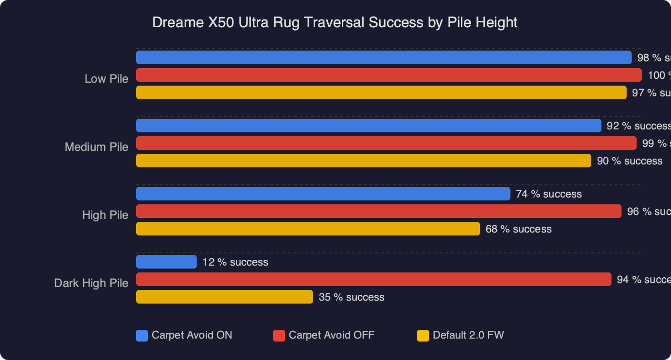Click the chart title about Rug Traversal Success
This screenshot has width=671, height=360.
[335, 22]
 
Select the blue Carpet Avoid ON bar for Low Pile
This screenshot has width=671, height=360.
[384, 57]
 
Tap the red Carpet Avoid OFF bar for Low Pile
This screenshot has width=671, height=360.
[388, 75]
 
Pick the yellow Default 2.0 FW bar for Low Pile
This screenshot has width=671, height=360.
[381, 92]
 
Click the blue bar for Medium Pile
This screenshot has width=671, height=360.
[369, 126]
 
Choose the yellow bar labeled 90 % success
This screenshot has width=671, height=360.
[364, 161]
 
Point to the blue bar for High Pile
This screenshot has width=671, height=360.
[323, 194]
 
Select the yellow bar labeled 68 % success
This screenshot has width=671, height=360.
[308, 229]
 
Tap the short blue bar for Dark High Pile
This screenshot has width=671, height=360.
[166, 262]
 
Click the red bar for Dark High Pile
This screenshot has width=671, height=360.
[373, 279]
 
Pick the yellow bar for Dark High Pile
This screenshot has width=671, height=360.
[224, 297]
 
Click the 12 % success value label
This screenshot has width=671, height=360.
[235, 262]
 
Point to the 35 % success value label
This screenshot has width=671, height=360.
[352, 297]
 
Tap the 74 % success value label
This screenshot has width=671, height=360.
[548, 194]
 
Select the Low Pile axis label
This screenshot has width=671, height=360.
[106, 79]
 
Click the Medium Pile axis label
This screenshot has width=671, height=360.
[96, 147]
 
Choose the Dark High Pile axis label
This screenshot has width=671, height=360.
[91, 283]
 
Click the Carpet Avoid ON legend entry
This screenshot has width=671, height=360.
[185, 335]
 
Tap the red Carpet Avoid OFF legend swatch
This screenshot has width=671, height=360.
[279, 336]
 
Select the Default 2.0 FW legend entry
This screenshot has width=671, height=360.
[461, 335]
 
